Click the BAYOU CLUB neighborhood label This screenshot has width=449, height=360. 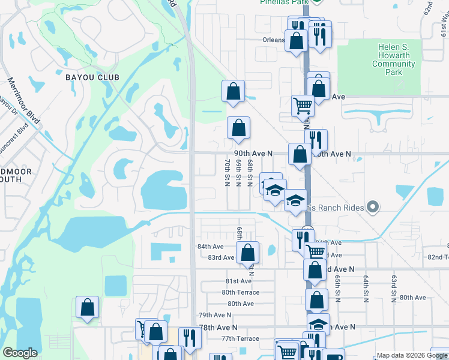(x=92, y=77)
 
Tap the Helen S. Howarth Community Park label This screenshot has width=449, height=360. (x=394, y=59)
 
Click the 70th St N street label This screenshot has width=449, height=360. (x=227, y=172)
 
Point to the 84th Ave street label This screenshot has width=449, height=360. (x=210, y=247)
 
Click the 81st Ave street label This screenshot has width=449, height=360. (x=238, y=281)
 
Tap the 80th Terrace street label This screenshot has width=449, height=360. (x=240, y=292)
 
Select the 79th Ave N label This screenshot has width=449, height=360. (x=214, y=315)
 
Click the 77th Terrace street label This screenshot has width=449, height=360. (x=240, y=338)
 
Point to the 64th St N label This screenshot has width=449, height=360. (x=365, y=288)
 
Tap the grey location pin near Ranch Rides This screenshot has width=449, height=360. (x=373, y=208)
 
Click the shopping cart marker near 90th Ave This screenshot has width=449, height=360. (x=303, y=106)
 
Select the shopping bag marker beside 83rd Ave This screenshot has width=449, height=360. (x=247, y=253)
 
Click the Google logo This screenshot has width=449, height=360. (x=20, y=353)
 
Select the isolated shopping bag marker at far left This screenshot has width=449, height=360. (x=88, y=308)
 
